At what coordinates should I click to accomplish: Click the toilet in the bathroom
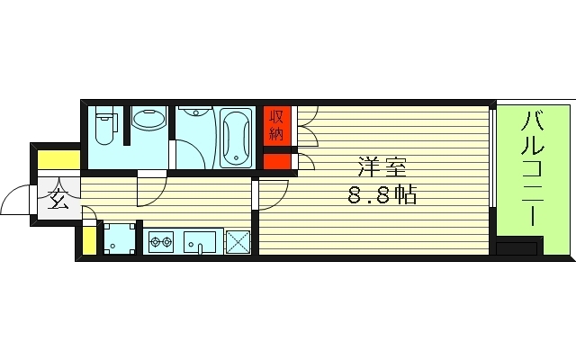(104, 125)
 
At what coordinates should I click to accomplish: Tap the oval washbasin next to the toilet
(148, 118)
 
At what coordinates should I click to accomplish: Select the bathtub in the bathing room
(236, 138)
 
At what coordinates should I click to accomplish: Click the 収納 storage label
(276, 126)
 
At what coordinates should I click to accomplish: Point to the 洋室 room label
(382, 167)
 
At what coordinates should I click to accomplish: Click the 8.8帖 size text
(382, 194)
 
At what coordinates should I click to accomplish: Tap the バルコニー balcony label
(532, 168)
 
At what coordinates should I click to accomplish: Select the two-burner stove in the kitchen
(161, 241)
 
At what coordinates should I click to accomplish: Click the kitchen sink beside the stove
(200, 242)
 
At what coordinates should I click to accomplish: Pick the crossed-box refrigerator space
(238, 242)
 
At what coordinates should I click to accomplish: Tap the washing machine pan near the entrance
(120, 238)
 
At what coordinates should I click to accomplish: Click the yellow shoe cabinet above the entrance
(59, 160)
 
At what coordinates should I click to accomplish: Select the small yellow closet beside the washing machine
(89, 241)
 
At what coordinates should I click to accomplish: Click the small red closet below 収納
(277, 161)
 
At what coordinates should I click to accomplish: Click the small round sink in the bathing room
(194, 111)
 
